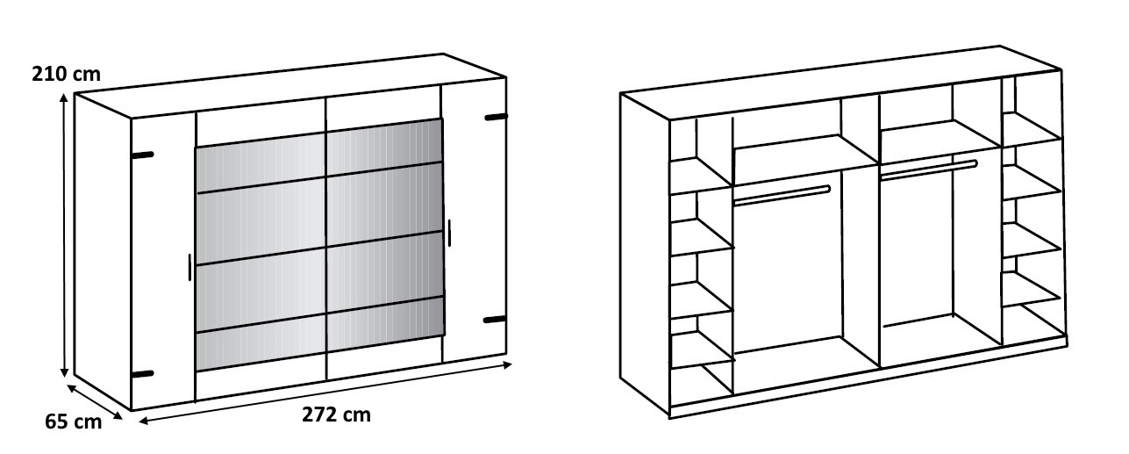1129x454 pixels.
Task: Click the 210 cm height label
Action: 66,74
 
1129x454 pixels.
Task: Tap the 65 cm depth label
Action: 73,422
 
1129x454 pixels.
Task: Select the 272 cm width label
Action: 336,414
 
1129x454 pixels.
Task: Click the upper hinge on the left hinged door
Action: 143,155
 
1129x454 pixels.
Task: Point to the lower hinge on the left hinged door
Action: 143,374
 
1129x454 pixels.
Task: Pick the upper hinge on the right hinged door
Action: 496,117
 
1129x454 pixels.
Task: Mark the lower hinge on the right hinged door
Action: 494,320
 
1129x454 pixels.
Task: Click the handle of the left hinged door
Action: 189,267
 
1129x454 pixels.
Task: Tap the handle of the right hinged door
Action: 448,233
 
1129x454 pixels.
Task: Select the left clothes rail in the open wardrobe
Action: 782,196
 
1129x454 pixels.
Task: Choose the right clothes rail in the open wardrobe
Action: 928,170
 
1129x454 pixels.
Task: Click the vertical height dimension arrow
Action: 64,235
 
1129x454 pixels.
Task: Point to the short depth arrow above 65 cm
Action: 95,401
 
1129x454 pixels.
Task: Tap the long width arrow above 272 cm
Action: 325,392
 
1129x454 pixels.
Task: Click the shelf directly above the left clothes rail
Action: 805,160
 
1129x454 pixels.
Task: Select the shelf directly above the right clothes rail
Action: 940,141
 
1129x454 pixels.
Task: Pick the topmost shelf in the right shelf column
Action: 1032,129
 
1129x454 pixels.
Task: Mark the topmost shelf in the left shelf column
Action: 701,176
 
